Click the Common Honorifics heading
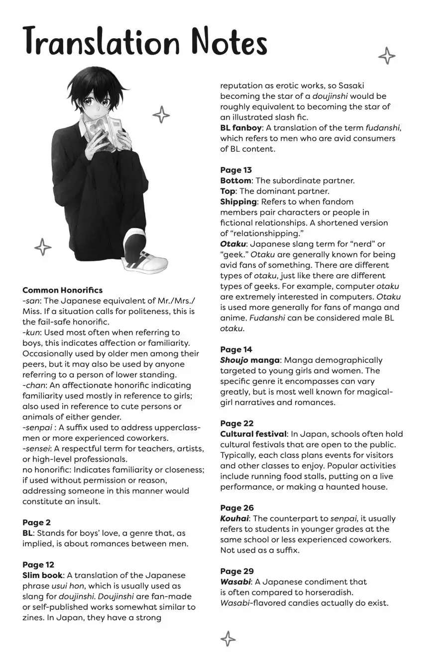[62, 290]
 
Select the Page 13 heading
[236, 170]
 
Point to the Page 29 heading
[237, 571]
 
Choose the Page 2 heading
[36, 522]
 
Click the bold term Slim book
[42, 575]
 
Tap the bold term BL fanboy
[241, 128]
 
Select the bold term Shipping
[238, 202]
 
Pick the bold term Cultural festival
[253, 434]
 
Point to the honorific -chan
[34, 385]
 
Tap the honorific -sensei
[35, 449]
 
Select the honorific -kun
[31, 333]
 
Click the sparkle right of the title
[387, 56]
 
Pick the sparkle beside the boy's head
[161, 114]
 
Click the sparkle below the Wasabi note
[227, 639]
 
